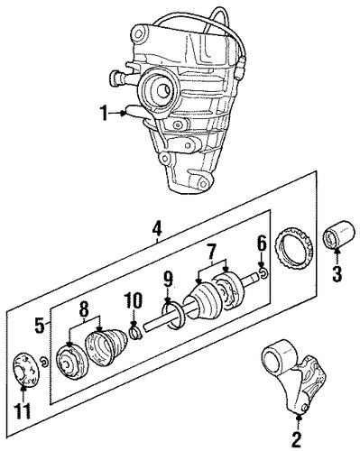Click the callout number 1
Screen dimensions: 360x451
coord(104,114)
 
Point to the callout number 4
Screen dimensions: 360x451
coord(157,229)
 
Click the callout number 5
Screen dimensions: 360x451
coord(41,326)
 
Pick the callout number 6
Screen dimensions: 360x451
coord(262,244)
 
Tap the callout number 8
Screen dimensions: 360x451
coord(84,309)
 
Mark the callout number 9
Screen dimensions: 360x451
coord(168,281)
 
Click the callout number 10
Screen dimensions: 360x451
coord(134,302)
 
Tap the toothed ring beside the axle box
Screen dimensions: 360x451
coord(294,250)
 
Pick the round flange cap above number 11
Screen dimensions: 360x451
coord(25,369)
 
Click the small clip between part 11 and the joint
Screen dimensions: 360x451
coord(44,362)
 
